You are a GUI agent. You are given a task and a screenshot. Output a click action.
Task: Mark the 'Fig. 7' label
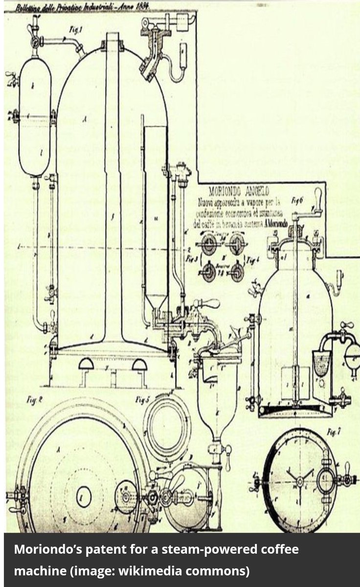click(334, 432)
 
